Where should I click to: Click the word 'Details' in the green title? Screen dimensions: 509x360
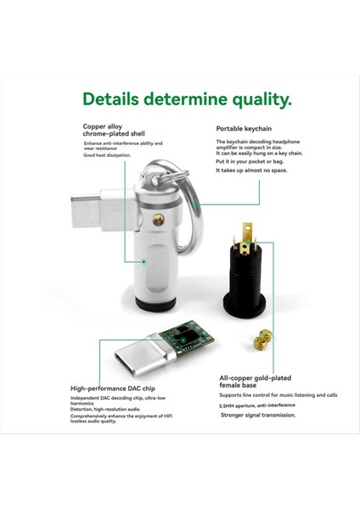(x=115, y=99)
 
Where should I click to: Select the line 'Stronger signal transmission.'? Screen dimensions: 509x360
(x=256, y=415)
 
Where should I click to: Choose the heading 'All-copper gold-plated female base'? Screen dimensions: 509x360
(x=254, y=383)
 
